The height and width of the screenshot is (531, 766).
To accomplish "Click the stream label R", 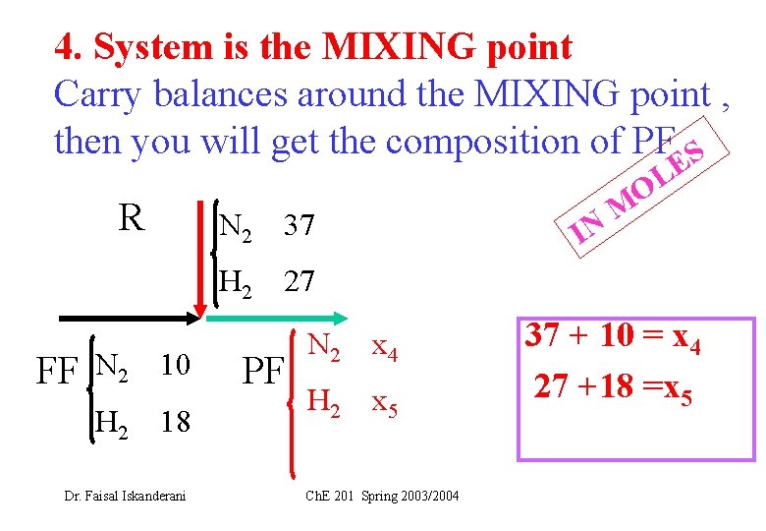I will click(131, 217).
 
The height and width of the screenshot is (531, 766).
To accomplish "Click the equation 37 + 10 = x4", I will click(619, 337).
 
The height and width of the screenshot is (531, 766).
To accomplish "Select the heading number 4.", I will click(67, 46).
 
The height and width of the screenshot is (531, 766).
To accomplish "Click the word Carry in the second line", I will click(96, 93).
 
